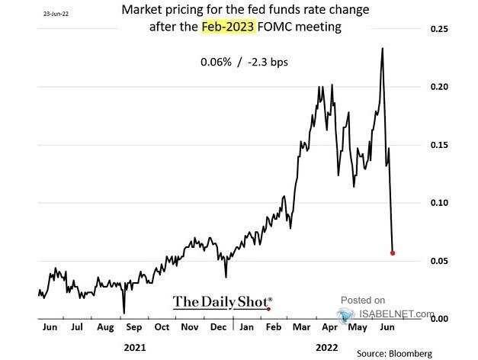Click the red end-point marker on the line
(393, 252)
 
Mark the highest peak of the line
(381, 48)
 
